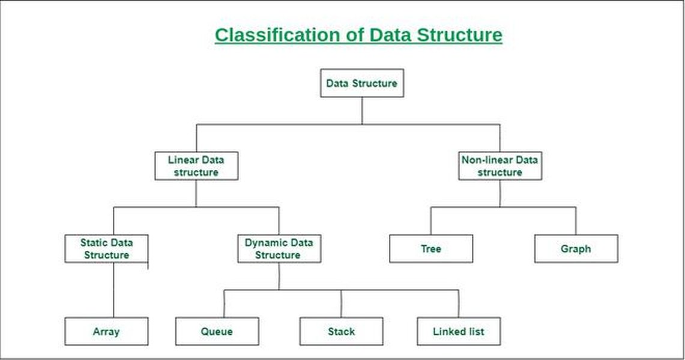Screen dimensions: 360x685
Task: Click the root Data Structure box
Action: point(361,83)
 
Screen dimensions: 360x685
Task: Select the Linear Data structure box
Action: point(196,166)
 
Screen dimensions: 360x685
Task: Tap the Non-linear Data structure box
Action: point(499,166)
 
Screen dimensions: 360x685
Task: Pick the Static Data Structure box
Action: point(106,249)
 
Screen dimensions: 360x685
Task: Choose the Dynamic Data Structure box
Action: point(279,249)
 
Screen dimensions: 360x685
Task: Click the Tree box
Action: point(431,249)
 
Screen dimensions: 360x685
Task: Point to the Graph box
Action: point(576,249)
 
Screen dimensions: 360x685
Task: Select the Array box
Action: point(106,331)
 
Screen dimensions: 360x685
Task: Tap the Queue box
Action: point(217,331)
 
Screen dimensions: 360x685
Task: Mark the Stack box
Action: point(341,331)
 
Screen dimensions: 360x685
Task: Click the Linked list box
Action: point(458,331)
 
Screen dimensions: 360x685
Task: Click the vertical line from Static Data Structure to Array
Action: point(113,290)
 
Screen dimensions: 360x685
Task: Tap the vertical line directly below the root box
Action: point(361,110)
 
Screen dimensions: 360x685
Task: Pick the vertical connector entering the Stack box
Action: point(341,304)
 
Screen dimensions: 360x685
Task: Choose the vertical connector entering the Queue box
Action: point(224,304)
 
